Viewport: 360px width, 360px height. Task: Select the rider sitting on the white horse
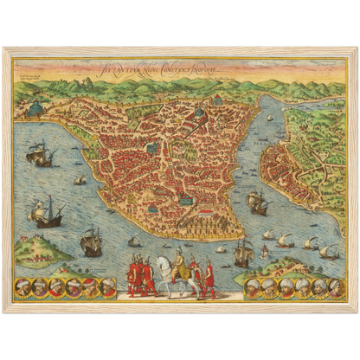(178, 259)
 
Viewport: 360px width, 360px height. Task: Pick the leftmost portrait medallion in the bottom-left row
(24, 287)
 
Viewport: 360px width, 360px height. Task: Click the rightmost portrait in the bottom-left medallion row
(108, 287)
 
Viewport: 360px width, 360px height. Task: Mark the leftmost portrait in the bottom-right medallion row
(254, 287)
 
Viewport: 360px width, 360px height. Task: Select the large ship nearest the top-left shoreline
(40, 155)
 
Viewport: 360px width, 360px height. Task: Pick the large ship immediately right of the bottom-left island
(91, 241)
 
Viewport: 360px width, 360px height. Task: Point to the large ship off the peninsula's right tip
(257, 202)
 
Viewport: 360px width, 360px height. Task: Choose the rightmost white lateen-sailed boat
(328, 250)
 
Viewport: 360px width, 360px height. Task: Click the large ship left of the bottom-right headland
(243, 252)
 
